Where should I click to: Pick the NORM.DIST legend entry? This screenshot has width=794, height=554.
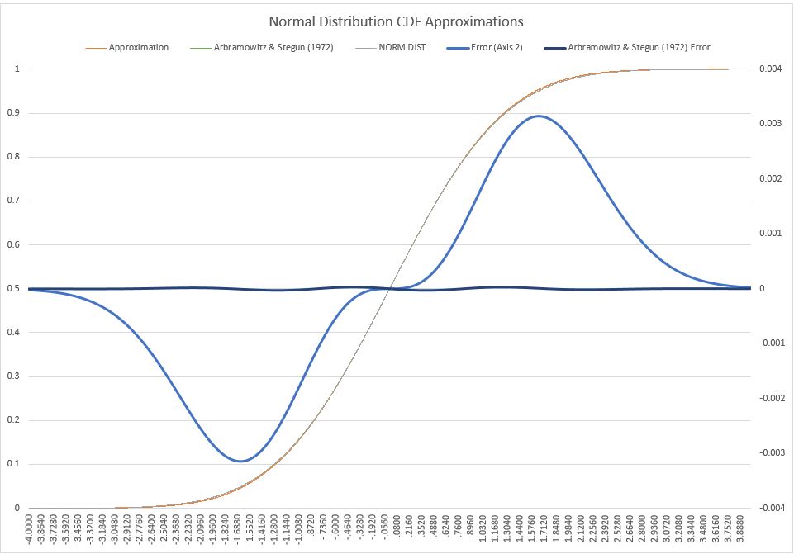(x=397, y=47)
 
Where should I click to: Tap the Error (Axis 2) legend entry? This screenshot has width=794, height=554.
(x=491, y=47)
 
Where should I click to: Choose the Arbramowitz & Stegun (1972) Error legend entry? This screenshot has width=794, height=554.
(x=639, y=47)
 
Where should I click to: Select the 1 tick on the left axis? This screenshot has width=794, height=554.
(x=17, y=69)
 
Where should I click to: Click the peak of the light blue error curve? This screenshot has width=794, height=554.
(x=540, y=116)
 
